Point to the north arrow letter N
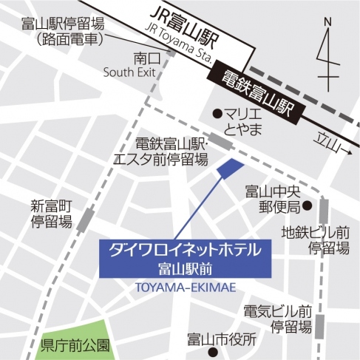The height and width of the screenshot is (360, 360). pos(326,23)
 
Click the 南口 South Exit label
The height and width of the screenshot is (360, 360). pos(132,64)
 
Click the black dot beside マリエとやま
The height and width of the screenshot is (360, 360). pos(217,114)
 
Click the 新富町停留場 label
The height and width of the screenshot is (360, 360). pos(52,212)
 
